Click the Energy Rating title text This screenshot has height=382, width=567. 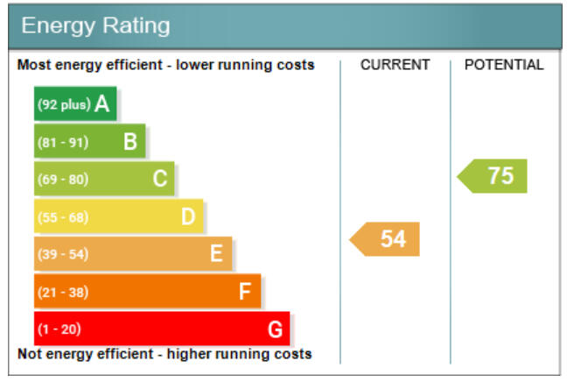tap(95, 25)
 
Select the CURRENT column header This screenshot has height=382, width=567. tap(395, 65)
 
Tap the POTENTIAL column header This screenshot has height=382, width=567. tap(504, 65)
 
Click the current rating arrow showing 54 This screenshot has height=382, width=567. tap(387, 239)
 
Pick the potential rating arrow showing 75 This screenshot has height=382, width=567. tap(494, 176)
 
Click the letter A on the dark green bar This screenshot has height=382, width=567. tap(102, 104)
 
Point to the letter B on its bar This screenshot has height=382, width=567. tap(130, 141)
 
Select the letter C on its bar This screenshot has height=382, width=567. tap(159, 179)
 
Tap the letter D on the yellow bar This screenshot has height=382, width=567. tap(188, 216)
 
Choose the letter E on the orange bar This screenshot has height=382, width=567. tap(216, 254)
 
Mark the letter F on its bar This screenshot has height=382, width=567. tap(245, 292)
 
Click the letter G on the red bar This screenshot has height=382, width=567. tap(275, 329)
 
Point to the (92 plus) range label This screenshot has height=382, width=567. tap(63, 105)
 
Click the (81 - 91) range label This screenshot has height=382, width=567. tap(61, 142)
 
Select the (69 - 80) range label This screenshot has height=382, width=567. tap(61, 180)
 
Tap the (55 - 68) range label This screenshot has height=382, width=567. tap(61, 217)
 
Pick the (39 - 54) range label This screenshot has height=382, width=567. tap(61, 255)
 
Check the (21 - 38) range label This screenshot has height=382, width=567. tap(61, 293)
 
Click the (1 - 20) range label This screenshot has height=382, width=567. tap(58, 330)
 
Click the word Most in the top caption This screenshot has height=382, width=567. tap(34, 65)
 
